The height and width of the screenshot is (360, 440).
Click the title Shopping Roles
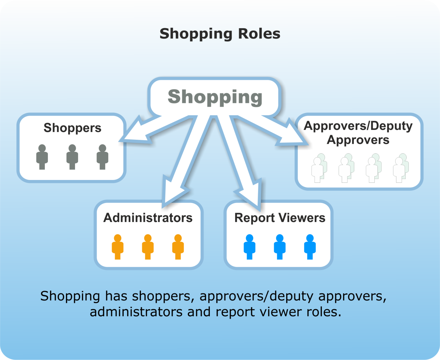[220, 34]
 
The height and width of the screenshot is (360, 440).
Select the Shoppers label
[72, 128]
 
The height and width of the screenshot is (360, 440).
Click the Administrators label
[148, 218]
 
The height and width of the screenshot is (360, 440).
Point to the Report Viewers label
[280, 218]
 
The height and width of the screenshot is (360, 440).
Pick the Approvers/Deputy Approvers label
[358, 133]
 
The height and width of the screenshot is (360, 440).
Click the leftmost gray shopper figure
[42, 157]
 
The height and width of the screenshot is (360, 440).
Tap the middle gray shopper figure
[72, 157]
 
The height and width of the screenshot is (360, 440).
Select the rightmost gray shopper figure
[102, 157]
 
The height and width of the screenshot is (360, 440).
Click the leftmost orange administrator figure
[118, 247]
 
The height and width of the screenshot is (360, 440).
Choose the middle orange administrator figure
[148, 247]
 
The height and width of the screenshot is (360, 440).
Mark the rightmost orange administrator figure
[178, 247]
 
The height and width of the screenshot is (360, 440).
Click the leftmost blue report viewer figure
[249, 247]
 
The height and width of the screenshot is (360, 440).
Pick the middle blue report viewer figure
[280, 247]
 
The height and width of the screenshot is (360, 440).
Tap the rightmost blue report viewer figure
[310, 247]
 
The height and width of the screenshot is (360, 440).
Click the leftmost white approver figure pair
[319, 169]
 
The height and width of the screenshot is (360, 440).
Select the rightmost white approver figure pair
[400, 169]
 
